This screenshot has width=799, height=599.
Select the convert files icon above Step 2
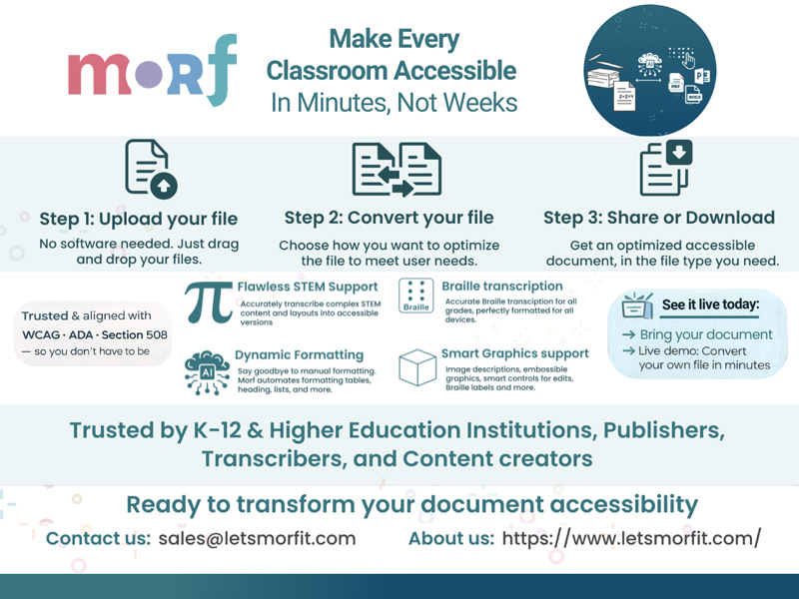397,169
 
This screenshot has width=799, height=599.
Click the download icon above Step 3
666,168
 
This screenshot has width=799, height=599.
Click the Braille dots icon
415,297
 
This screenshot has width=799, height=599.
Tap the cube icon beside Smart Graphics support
417,368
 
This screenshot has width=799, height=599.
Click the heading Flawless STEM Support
307,287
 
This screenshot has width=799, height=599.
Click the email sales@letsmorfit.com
257,538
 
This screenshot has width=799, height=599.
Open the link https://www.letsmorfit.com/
631,538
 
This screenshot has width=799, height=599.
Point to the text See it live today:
710,302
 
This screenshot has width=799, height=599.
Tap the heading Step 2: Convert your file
389,218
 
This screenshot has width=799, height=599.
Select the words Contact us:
98,538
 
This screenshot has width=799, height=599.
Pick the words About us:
451,538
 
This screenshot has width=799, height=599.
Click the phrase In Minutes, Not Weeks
394,102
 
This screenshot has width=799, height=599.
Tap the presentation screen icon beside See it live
635,304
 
